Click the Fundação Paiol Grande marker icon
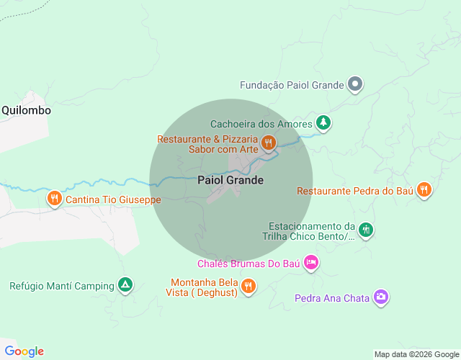pyautogui.click(x=354, y=85)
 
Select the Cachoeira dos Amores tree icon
pyautogui.click(x=324, y=123)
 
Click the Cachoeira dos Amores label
pyautogui.click(x=261, y=124)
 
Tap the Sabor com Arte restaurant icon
pyautogui.click(x=268, y=143)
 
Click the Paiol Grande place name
pyautogui.click(x=230, y=180)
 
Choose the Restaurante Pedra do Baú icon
pyautogui.click(x=424, y=190)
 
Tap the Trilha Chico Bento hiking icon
pyautogui.click(x=366, y=230)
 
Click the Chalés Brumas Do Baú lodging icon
pyautogui.click(x=310, y=263)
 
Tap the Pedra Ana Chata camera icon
pyautogui.click(x=381, y=297)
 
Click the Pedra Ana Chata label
pyautogui.click(x=331, y=297)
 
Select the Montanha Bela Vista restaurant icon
pyautogui.click(x=248, y=286)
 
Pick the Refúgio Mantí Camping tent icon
pyautogui.click(x=125, y=285)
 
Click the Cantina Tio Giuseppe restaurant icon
pyautogui.click(x=54, y=198)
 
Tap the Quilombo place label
pyautogui.click(x=26, y=110)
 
